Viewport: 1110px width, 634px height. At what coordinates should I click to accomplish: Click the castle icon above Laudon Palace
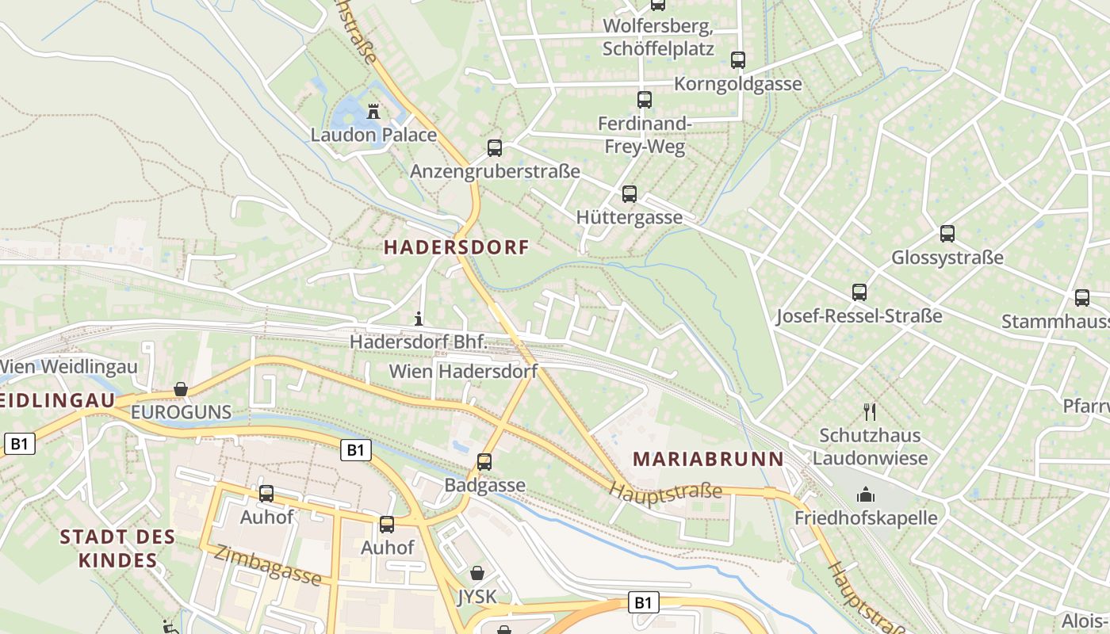(x=373, y=111)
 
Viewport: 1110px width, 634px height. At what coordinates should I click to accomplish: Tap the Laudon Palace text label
(x=373, y=135)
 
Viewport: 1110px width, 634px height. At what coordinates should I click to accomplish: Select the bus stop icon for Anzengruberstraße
(x=495, y=147)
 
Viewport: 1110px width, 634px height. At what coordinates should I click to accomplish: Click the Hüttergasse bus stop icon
(x=630, y=193)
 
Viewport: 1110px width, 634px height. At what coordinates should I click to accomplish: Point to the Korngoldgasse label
(x=737, y=84)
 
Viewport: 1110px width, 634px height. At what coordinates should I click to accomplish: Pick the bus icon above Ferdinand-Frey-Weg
(x=645, y=100)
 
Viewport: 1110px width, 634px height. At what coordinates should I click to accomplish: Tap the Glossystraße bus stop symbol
(x=947, y=234)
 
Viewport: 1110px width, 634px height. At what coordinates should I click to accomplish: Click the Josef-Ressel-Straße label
(x=859, y=316)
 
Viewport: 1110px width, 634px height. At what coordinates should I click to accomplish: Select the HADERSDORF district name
(x=456, y=247)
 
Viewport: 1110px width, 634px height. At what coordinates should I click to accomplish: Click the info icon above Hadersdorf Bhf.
(x=419, y=319)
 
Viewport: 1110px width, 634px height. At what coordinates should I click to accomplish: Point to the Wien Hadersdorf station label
(x=463, y=371)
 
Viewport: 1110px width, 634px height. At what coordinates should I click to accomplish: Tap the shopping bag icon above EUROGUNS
(x=181, y=389)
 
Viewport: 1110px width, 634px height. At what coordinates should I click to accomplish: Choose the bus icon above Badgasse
(x=484, y=461)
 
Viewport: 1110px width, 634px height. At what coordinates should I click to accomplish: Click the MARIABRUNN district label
(x=708, y=459)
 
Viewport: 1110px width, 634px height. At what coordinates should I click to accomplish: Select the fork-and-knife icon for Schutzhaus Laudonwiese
(x=870, y=411)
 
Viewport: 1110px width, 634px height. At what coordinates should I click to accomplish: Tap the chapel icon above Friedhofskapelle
(x=865, y=495)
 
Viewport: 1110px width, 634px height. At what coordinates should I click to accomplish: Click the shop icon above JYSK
(x=477, y=572)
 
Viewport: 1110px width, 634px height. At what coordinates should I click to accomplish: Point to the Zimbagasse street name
(x=268, y=566)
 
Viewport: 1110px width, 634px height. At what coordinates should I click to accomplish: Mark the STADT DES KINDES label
(x=117, y=548)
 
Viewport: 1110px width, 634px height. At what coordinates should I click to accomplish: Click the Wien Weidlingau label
(x=69, y=367)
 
